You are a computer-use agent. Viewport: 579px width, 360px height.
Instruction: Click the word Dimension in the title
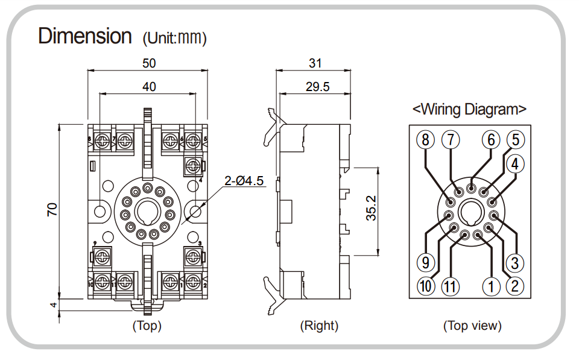(84, 36)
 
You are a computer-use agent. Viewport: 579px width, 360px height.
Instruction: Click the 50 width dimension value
(149, 63)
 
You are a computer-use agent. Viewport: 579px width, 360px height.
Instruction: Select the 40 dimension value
(149, 87)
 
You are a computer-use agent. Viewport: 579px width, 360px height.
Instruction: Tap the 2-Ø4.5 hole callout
(245, 181)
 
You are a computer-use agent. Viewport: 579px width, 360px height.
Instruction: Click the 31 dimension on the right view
(315, 63)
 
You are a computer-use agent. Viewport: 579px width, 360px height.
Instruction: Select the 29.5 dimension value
(317, 87)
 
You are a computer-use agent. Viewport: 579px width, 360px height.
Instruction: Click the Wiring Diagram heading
(469, 109)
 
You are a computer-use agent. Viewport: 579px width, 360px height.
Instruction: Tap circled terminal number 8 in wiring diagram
(426, 140)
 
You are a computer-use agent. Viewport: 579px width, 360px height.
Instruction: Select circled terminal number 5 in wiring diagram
(514, 140)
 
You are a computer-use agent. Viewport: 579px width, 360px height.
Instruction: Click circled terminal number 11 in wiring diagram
(449, 286)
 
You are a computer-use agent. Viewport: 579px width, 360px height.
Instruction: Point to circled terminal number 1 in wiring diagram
(492, 286)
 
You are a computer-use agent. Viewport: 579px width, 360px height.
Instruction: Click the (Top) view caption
(147, 326)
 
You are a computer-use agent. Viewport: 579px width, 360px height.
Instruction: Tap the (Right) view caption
(320, 326)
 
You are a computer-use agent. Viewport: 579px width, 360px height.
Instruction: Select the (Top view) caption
(472, 326)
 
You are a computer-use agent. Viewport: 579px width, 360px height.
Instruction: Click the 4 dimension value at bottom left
(54, 306)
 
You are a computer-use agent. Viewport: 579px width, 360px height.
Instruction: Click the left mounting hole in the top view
(100, 210)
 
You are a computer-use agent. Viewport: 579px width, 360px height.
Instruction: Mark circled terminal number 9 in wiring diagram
(426, 263)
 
